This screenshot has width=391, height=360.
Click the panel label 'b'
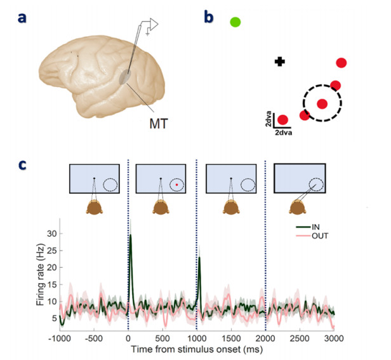click(208, 17)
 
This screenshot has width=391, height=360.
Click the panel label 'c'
click(22, 164)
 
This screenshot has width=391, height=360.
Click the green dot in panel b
click(235, 22)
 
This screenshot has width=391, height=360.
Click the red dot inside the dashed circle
click(322, 103)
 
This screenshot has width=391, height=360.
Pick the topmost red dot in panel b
click(341, 63)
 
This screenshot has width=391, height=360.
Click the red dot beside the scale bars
click(283, 119)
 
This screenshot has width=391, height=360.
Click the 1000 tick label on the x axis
click(197, 338)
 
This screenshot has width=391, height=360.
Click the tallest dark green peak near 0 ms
click(130, 236)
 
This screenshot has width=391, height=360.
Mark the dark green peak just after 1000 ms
click(199, 257)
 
